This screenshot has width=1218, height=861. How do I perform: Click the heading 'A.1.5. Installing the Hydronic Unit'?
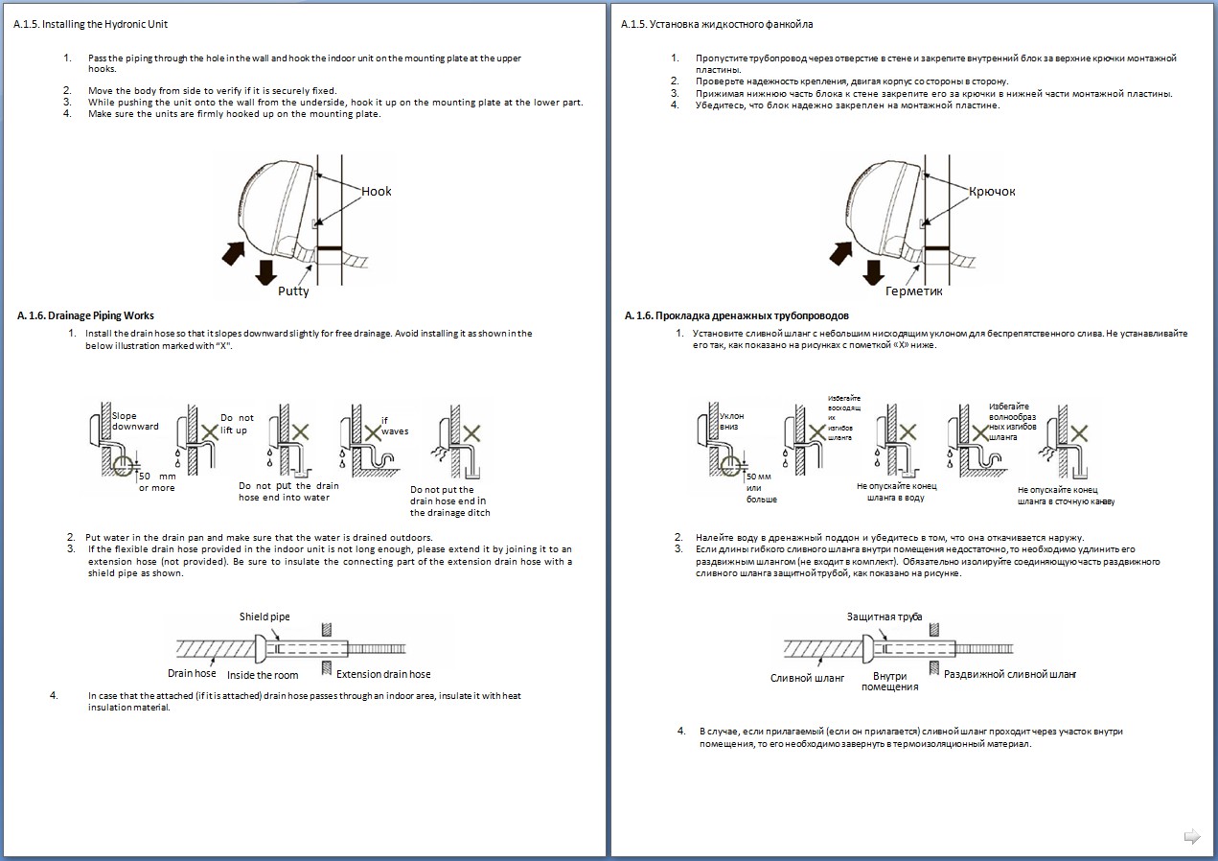tap(90, 23)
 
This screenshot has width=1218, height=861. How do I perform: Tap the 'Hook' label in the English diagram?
tap(377, 192)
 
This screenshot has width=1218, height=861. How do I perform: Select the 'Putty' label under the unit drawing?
tap(293, 291)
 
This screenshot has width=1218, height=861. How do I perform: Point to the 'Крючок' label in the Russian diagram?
tap(992, 192)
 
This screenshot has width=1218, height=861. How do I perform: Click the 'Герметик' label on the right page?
tap(914, 291)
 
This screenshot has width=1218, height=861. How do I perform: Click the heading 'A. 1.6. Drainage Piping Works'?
tap(86, 315)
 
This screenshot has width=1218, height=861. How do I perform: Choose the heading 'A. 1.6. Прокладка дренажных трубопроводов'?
tap(736, 315)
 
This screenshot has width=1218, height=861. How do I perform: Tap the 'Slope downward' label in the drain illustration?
tap(135, 421)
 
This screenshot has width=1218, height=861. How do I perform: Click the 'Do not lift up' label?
tap(237, 424)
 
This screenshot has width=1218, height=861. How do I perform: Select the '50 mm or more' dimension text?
tap(157, 481)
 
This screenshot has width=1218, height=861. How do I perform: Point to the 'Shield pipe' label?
tap(264, 617)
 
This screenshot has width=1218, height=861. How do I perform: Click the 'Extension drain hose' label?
tap(383, 674)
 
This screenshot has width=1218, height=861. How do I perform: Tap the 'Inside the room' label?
tap(263, 675)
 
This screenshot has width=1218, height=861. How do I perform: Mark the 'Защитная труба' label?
tap(885, 617)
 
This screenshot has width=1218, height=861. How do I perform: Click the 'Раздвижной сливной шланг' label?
tap(1010, 675)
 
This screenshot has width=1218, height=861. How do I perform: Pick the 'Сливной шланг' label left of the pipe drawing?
tap(807, 677)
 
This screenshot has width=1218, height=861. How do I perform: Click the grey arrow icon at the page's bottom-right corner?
tap(1192, 836)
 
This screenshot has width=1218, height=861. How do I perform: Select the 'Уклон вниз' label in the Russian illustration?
tap(731, 422)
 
